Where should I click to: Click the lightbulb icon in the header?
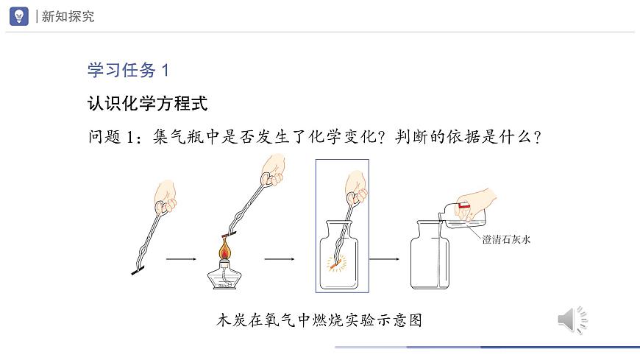pos(19,16)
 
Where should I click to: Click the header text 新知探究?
pos(68,16)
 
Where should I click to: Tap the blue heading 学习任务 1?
pos(128,70)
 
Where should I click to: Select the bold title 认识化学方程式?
pos(148,103)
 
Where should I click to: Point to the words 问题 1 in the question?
pos(110,136)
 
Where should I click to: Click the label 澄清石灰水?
pos(506,239)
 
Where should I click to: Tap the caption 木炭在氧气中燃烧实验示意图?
pos(319,320)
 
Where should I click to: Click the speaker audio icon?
pos(572,320)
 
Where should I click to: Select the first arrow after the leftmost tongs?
pos(181,259)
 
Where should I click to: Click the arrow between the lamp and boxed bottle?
pos(280,259)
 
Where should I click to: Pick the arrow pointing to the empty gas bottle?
pos(385,259)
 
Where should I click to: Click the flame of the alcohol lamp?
pos(224,248)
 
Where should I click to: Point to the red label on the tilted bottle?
pos(463,205)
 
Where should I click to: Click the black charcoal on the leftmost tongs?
pos(138,270)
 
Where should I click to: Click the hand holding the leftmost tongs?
pos(166,197)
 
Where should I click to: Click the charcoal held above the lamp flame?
pos(229,235)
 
